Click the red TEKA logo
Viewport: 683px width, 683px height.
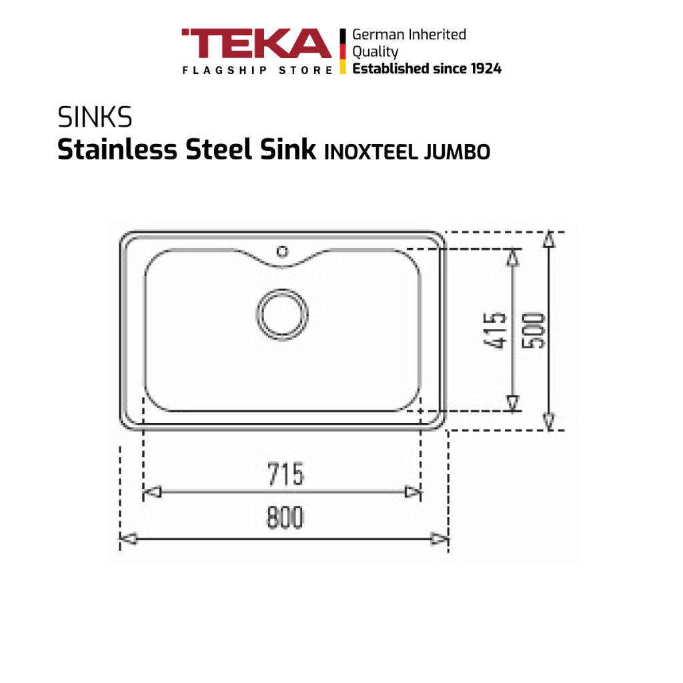click(257, 43)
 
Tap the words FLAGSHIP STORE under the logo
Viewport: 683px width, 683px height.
click(257, 70)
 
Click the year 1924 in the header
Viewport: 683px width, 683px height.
click(486, 69)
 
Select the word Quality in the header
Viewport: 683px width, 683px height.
click(375, 52)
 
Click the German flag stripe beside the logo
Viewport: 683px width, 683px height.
click(343, 51)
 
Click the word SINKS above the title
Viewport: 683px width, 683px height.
click(95, 117)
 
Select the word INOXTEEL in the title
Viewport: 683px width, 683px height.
click(372, 152)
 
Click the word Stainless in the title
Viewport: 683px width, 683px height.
click(117, 149)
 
